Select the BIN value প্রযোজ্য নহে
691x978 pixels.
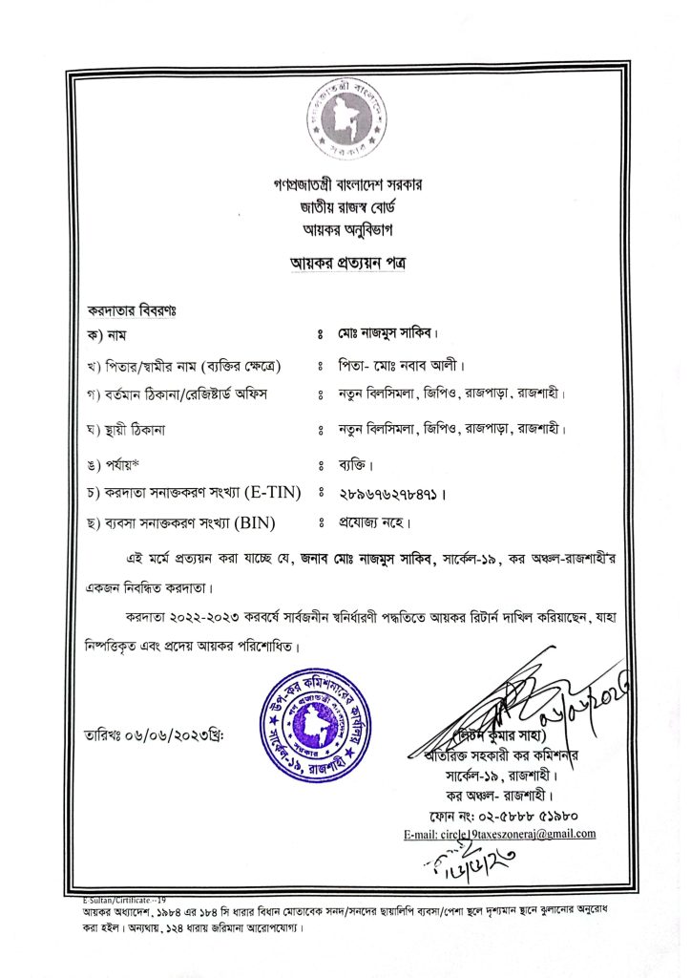[374, 522]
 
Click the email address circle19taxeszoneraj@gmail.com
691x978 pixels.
[501, 834]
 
